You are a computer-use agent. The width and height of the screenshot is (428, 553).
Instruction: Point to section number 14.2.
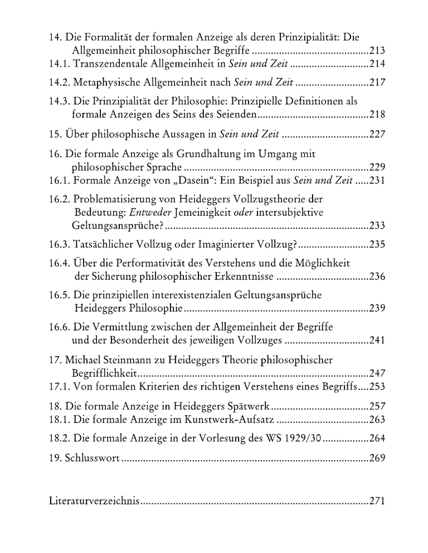(58, 83)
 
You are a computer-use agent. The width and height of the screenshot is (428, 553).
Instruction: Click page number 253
(377, 386)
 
